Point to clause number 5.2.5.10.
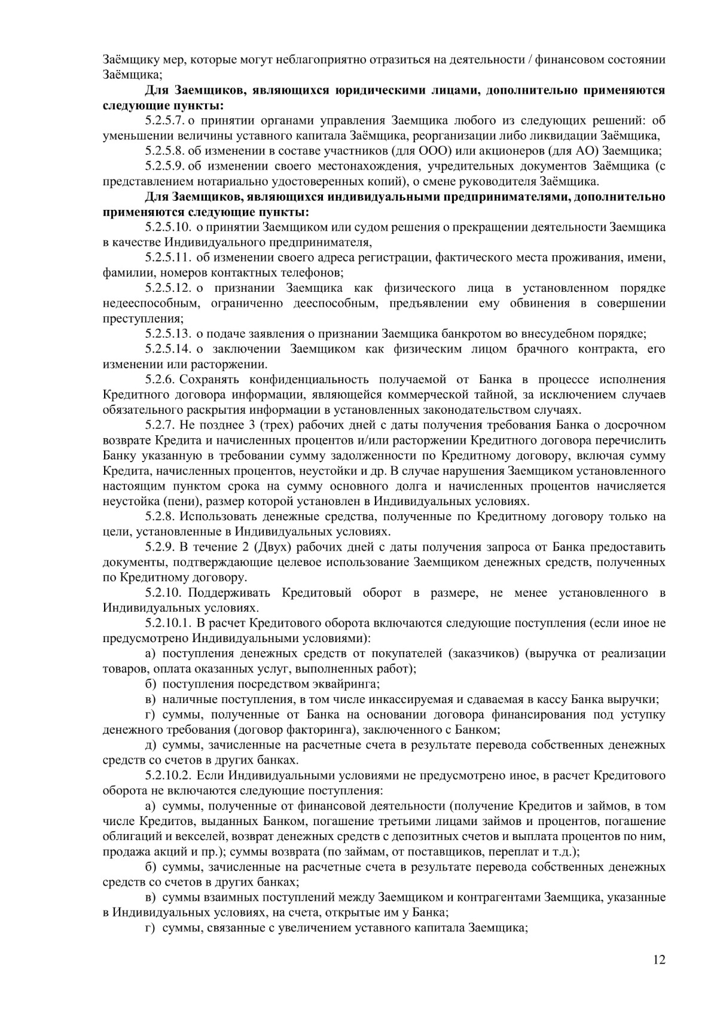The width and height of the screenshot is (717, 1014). coord(167,227)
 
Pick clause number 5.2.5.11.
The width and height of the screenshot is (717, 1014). coord(167,257)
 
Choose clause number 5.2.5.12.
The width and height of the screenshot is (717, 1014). coord(167,288)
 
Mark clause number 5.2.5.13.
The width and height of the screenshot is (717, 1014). coord(167,333)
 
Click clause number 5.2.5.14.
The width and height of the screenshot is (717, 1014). coord(167,349)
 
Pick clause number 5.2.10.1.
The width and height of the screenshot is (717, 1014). coord(167,623)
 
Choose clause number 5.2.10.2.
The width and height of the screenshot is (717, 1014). coord(167,775)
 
